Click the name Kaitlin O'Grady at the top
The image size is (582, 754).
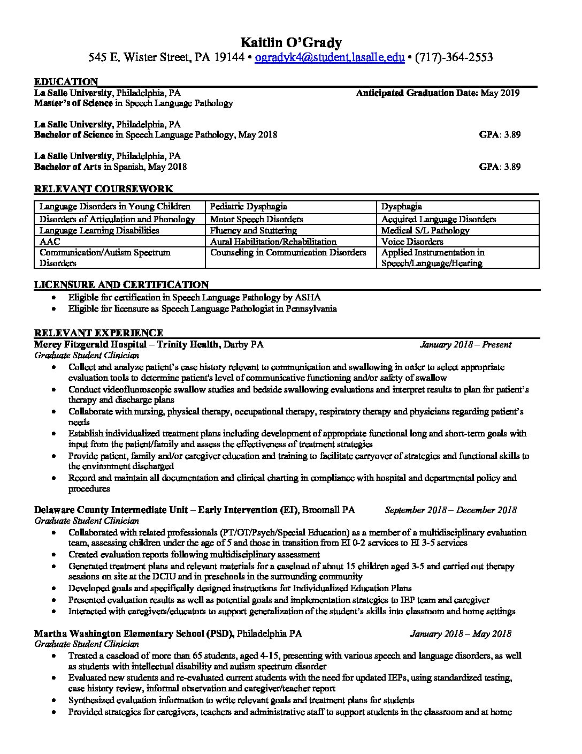coord(290,42)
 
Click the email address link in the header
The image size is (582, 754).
coord(329,57)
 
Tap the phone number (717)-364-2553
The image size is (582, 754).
coord(454,57)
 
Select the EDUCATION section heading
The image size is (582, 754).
coord(66,82)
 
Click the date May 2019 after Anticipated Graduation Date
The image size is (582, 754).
coord(500,93)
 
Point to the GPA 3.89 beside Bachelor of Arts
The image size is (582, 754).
coord(500,167)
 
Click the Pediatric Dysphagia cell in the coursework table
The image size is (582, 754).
coord(248,206)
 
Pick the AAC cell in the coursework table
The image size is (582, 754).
coord(50,242)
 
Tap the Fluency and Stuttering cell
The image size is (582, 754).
coord(253,230)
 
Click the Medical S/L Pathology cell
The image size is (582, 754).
coord(425,230)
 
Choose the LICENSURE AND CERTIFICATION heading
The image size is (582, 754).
coord(121,285)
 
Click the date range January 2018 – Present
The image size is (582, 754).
coord(465,345)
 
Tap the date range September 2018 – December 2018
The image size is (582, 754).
coord(450,510)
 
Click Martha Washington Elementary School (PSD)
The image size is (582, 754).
coord(134,634)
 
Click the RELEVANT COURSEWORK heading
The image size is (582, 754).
coord(103,189)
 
